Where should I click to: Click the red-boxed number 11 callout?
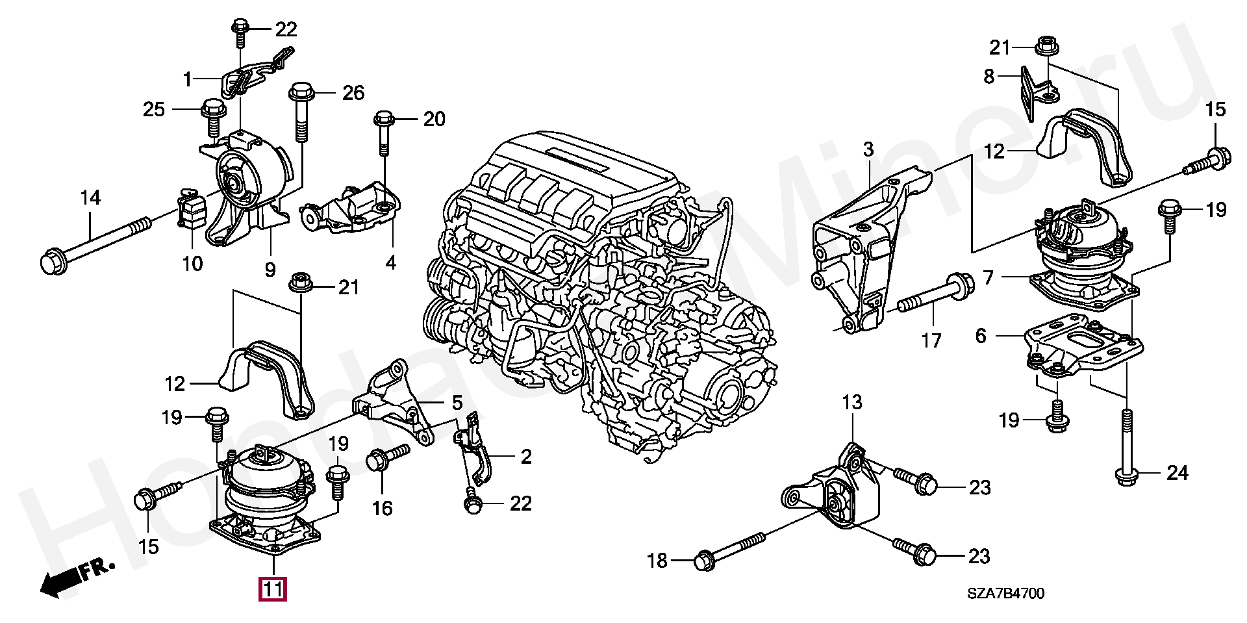(x=273, y=589)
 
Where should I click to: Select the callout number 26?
(x=353, y=93)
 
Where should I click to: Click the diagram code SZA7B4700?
(x=1005, y=594)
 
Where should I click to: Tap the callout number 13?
(x=852, y=403)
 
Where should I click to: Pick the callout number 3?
(x=868, y=149)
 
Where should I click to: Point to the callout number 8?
(x=989, y=77)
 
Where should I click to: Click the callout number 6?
(x=981, y=336)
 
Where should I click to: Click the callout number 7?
(x=988, y=278)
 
